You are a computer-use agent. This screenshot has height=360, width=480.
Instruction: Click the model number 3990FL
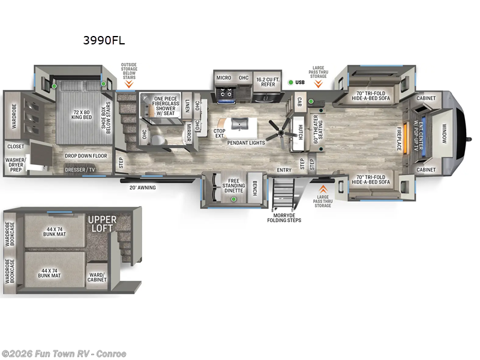tap(104, 41)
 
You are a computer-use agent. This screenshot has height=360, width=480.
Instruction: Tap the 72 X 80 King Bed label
tap(81, 116)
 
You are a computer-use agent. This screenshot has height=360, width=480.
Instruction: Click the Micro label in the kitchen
tap(224, 78)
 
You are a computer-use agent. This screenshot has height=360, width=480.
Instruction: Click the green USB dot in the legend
tap(290, 82)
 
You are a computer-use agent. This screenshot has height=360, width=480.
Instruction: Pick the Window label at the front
tap(445, 133)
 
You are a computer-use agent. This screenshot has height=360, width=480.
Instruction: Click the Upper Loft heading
tap(102, 224)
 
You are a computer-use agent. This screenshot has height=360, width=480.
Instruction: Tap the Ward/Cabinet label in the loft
tap(97, 278)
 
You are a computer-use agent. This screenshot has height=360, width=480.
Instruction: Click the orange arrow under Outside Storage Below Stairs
tap(129, 85)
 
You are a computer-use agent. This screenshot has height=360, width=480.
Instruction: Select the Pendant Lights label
tap(246, 143)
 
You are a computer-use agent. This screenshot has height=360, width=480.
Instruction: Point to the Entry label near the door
tap(284, 170)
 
